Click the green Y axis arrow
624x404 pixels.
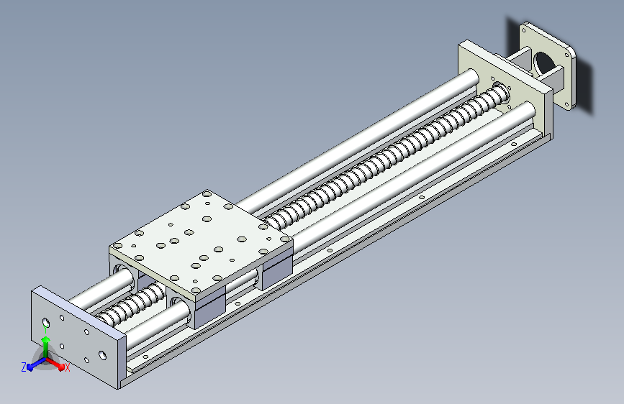[46, 345]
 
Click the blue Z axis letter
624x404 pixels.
[24, 367]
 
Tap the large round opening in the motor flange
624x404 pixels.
[543, 64]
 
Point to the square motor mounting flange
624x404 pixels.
[547, 65]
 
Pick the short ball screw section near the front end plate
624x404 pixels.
[131, 304]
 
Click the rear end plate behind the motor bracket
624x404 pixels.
[505, 88]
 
